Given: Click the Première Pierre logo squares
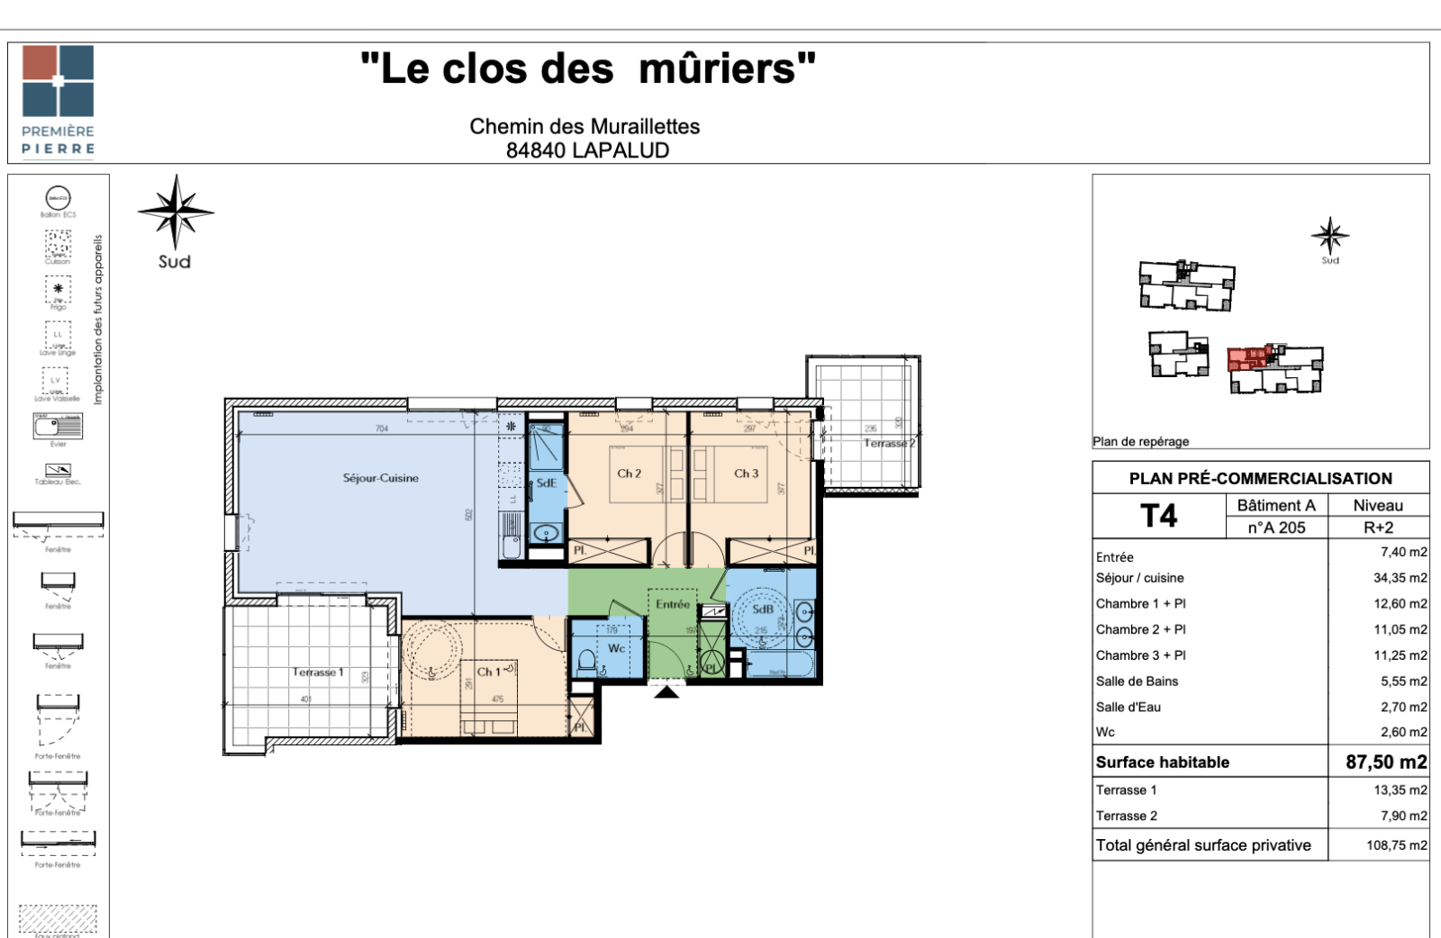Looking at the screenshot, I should (x=58, y=81).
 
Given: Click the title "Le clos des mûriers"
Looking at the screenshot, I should (x=587, y=68).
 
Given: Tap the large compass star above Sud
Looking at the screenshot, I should (x=176, y=212).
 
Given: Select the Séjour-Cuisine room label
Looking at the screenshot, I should (x=380, y=478).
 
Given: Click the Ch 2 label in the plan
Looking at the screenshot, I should (x=629, y=474).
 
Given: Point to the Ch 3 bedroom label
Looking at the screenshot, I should (x=746, y=474).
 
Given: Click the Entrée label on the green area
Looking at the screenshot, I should (x=672, y=604).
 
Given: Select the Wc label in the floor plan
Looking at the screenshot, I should (x=616, y=648).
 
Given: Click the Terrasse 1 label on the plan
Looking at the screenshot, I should (x=317, y=672).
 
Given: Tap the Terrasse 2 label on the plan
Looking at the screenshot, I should (x=888, y=443).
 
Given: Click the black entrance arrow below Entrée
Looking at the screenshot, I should (x=666, y=692).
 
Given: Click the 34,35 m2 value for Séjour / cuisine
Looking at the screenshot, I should (x=1400, y=578).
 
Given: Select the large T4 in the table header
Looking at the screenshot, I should (x=1158, y=516).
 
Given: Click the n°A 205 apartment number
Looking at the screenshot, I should (x=1276, y=528).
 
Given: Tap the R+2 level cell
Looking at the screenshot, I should (x=1378, y=528).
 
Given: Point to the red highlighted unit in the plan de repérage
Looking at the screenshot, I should (x=1248, y=359).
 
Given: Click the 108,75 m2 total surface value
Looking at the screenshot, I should (x=1396, y=845).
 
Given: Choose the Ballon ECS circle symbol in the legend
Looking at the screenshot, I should (x=58, y=198).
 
